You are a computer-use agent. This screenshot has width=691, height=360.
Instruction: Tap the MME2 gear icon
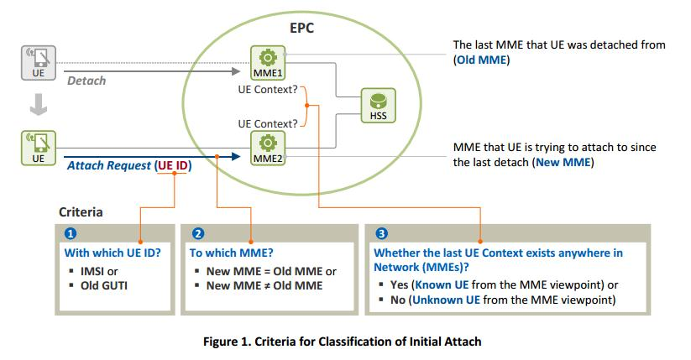(x=268, y=141)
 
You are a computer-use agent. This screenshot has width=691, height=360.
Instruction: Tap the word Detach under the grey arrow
(x=86, y=81)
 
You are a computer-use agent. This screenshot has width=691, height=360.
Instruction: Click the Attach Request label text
(x=109, y=166)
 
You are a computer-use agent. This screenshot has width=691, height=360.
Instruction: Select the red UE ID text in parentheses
(x=174, y=166)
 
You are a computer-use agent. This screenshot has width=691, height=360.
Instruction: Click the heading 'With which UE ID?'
(x=113, y=252)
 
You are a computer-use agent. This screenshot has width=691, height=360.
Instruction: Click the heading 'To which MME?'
(x=231, y=252)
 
